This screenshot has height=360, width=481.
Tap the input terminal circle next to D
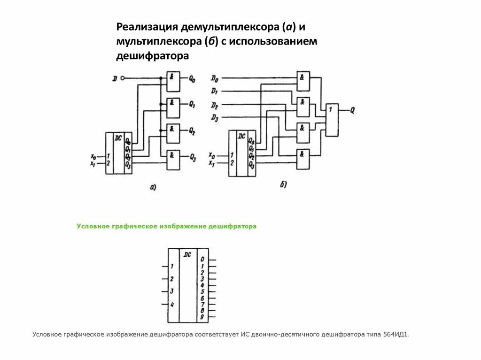[x=123, y=78]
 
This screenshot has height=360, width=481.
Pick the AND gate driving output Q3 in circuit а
[x=173, y=157]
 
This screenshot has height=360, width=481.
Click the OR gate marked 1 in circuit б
[x=332, y=119]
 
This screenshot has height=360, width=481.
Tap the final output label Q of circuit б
[x=352, y=111]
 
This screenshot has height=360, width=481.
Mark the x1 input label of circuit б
[x=212, y=163]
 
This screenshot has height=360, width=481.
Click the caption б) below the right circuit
[x=283, y=184]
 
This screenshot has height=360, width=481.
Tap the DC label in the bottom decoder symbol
[x=187, y=254]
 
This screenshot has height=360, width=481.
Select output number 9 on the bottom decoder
[x=202, y=317]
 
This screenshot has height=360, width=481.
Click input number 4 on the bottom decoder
[x=172, y=305]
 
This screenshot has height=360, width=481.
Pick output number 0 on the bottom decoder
[x=202, y=259]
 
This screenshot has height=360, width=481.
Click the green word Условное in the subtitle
[x=93, y=226]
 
